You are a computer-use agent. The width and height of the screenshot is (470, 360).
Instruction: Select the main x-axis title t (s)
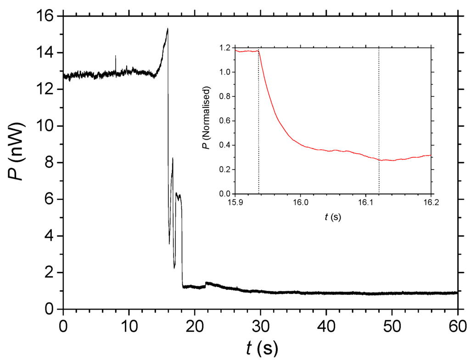(x=260, y=348)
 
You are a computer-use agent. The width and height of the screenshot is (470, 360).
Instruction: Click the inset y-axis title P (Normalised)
(x=207, y=120)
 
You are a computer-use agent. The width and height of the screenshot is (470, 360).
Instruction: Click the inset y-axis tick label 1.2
(x=226, y=48)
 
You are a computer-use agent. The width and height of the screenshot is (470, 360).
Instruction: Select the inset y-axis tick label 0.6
(x=226, y=121)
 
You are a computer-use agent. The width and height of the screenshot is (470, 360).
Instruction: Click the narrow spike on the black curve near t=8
(x=116, y=56)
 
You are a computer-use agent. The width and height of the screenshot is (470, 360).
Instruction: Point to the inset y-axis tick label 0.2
(x=226, y=169)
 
